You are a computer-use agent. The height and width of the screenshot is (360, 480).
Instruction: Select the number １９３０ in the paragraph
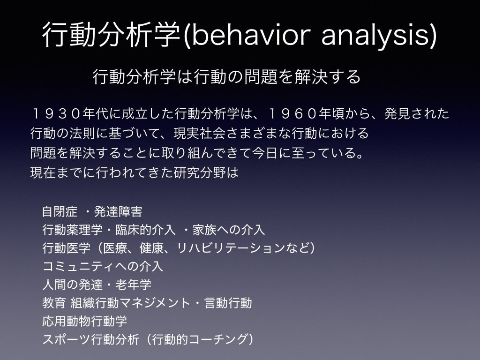(56, 113)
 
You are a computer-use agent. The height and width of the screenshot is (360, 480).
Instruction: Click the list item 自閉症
(60, 211)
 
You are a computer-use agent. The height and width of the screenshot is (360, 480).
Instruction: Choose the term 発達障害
(118, 211)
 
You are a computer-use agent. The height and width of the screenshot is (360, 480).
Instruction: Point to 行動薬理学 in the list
(72, 230)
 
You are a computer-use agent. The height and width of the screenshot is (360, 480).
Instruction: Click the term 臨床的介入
(145, 230)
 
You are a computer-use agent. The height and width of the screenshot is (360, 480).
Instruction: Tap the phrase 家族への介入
(229, 230)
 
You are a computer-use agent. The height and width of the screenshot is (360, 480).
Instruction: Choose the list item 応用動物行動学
(84, 321)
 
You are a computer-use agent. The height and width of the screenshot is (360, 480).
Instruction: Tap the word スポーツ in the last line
(66, 339)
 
